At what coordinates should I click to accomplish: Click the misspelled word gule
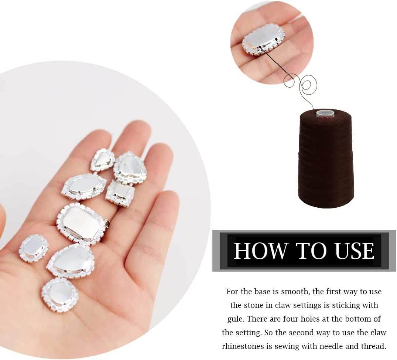pos(235,319)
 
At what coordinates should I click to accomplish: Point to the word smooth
pos(295,292)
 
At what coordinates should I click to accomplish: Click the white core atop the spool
pos(325,112)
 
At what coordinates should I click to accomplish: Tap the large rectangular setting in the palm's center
pos(83,223)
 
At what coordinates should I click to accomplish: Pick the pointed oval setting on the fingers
pos(84,186)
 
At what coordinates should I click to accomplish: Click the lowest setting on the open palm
pos(60,295)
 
